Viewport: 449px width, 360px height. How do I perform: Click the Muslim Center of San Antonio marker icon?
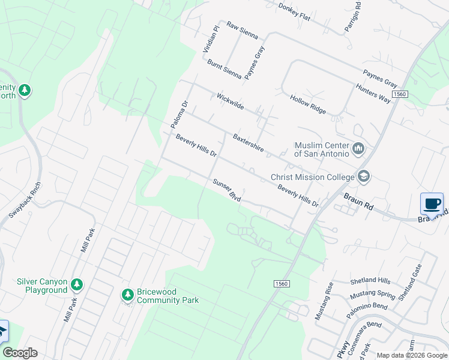pos(359,148)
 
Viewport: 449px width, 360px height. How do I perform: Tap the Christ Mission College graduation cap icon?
pos(363,176)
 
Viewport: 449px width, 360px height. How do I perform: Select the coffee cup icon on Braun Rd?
pos(432,203)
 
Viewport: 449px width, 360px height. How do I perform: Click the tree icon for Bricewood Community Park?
pos(127,295)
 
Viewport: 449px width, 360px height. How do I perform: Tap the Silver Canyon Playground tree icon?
pos(76,284)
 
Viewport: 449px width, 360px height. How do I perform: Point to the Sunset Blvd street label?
pos(222,189)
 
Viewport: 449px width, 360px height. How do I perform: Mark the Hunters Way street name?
pos(373,94)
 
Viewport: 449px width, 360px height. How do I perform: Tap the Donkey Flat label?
pos(294,12)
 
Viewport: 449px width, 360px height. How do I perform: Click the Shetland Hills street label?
pos(370,280)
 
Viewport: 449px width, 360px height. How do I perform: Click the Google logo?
pos(20,353)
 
